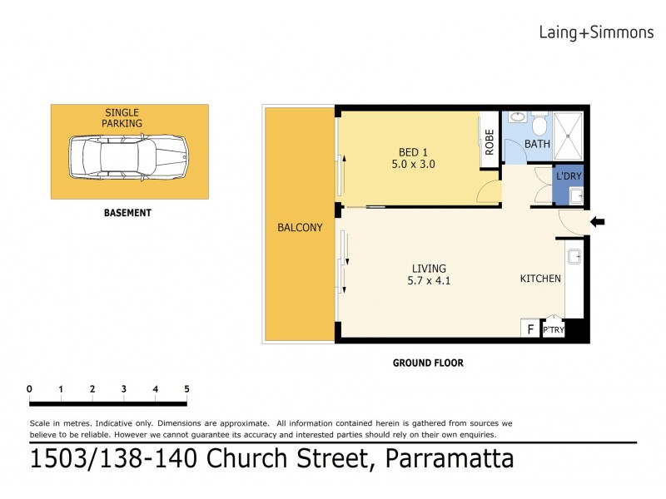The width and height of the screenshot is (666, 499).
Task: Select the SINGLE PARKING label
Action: click(x=122, y=117)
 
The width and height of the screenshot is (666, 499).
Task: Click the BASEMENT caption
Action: click(x=127, y=213)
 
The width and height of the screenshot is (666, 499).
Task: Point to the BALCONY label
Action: click(x=299, y=228)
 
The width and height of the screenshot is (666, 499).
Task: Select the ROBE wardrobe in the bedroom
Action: click(x=489, y=142)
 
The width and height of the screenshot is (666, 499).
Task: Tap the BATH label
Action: click(x=537, y=144)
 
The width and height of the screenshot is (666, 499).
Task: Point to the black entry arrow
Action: click(x=597, y=221)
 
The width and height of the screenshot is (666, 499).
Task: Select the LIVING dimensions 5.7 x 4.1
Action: click(x=429, y=281)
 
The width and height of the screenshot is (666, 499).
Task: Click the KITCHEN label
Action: click(x=540, y=279)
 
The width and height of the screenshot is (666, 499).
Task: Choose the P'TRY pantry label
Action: click(x=553, y=331)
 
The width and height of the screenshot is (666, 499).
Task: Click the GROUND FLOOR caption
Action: click(x=428, y=363)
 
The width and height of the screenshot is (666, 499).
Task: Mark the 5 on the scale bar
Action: click(x=186, y=388)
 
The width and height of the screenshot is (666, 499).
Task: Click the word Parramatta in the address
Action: click(x=450, y=459)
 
